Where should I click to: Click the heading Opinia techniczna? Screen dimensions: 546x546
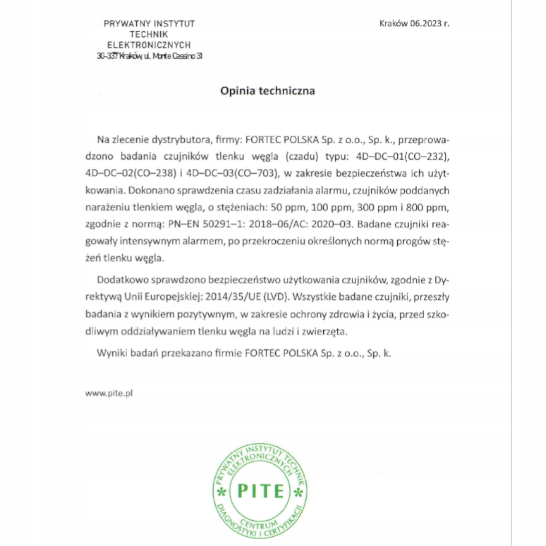point(267,91)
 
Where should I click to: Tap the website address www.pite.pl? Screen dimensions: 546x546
point(109,393)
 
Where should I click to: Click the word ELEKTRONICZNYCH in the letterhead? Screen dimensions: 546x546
point(149,45)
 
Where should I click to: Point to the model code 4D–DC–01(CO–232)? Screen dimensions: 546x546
point(402,156)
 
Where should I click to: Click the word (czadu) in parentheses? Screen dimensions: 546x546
point(302,156)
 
